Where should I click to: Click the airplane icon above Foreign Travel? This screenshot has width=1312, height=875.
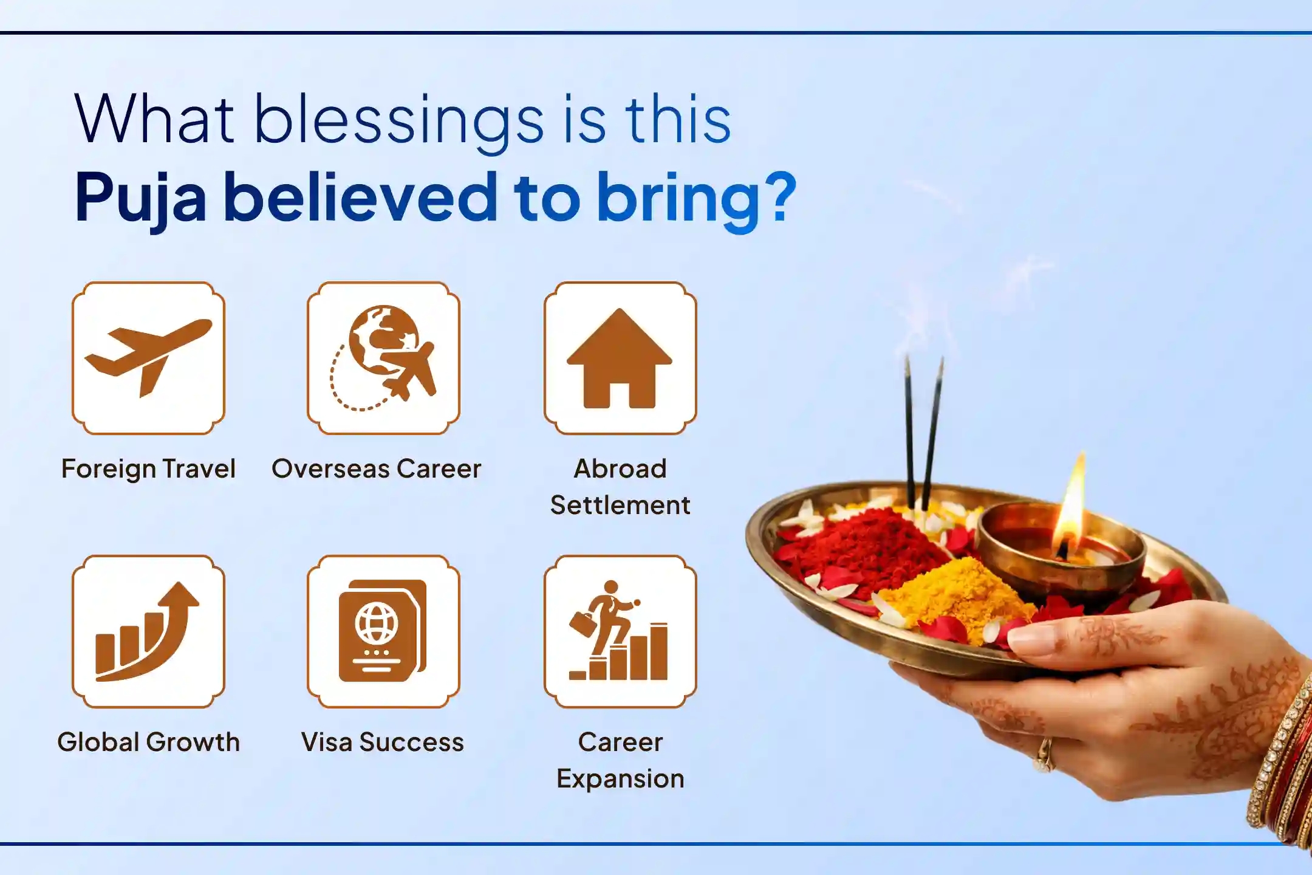[148, 357]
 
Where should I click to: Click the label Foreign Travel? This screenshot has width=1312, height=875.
[148, 469]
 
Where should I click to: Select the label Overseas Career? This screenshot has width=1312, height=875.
[377, 469]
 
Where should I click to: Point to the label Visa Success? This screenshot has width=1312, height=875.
[383, 743]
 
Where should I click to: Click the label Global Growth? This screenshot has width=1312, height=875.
[148, 743]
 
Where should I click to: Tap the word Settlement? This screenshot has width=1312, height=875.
[620, 506]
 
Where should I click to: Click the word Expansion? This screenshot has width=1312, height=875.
[620, 779]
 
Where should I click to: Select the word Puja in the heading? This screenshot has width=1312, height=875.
[141, 198]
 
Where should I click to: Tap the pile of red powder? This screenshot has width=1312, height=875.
[863, 547]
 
